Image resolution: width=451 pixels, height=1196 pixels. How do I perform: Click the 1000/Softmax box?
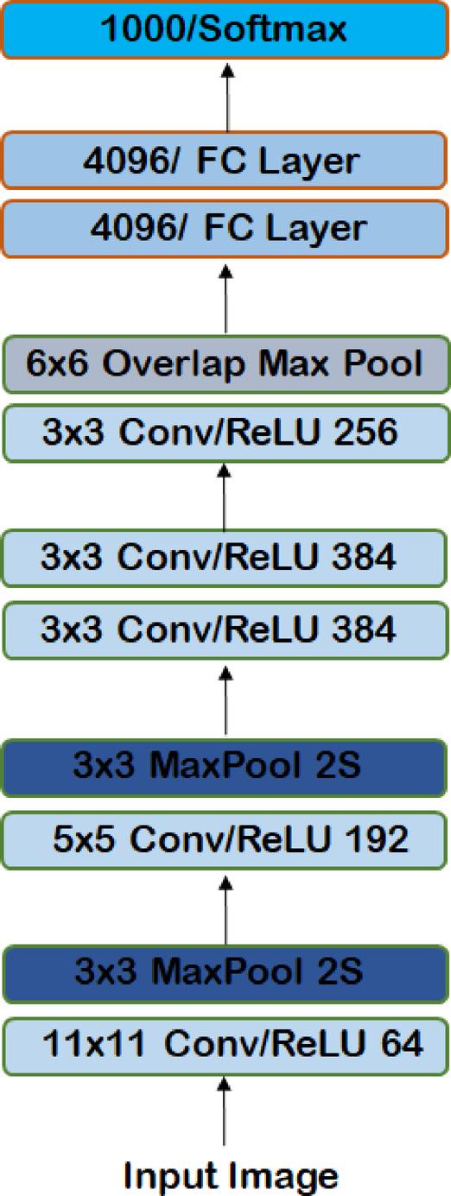click(x=225, y=30)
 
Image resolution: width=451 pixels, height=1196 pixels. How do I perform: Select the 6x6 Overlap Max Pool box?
click(x=225, y=364)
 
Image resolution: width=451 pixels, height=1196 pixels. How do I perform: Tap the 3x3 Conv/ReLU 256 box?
click(x=225, y=432)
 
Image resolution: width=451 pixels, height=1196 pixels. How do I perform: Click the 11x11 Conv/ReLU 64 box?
click(x=225, y=1045)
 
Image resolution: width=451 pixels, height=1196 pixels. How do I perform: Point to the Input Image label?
click(x=231, y=1174)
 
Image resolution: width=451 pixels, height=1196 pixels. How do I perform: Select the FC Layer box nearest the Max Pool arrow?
click(x=225, y=229)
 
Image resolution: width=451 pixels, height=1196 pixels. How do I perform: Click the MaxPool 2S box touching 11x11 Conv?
click(x=225, y=974)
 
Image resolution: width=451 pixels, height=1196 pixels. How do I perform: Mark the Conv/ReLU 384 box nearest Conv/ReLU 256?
click(x=225, y=558)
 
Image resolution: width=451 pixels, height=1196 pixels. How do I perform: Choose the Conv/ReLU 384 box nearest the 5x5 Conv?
click(x=225, y=630)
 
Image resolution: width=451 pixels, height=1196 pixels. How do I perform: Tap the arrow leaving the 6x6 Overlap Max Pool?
click(x=225, y=298)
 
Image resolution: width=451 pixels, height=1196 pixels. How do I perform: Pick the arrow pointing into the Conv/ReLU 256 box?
click(x=225, y=497)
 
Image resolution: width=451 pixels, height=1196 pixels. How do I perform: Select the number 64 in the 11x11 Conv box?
click(x=398, y=1045)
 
